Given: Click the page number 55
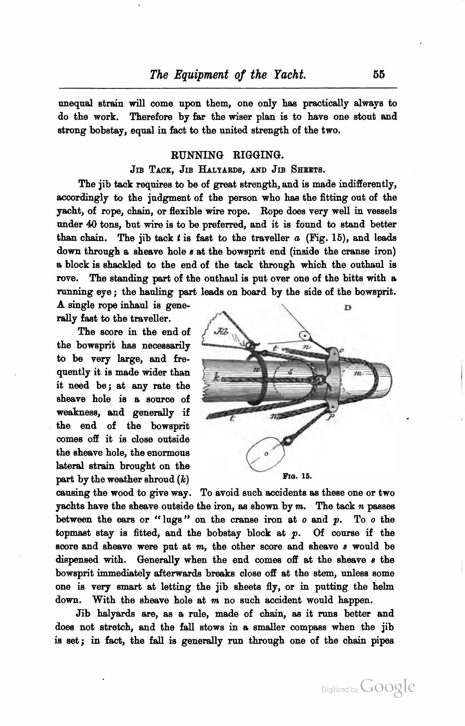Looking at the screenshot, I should click(x=379, y=75).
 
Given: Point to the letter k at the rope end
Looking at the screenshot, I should click(x=217, y=379).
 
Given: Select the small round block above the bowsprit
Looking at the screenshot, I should click(x=305, y=335).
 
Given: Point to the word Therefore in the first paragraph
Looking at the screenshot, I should click(x=152, y=117).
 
